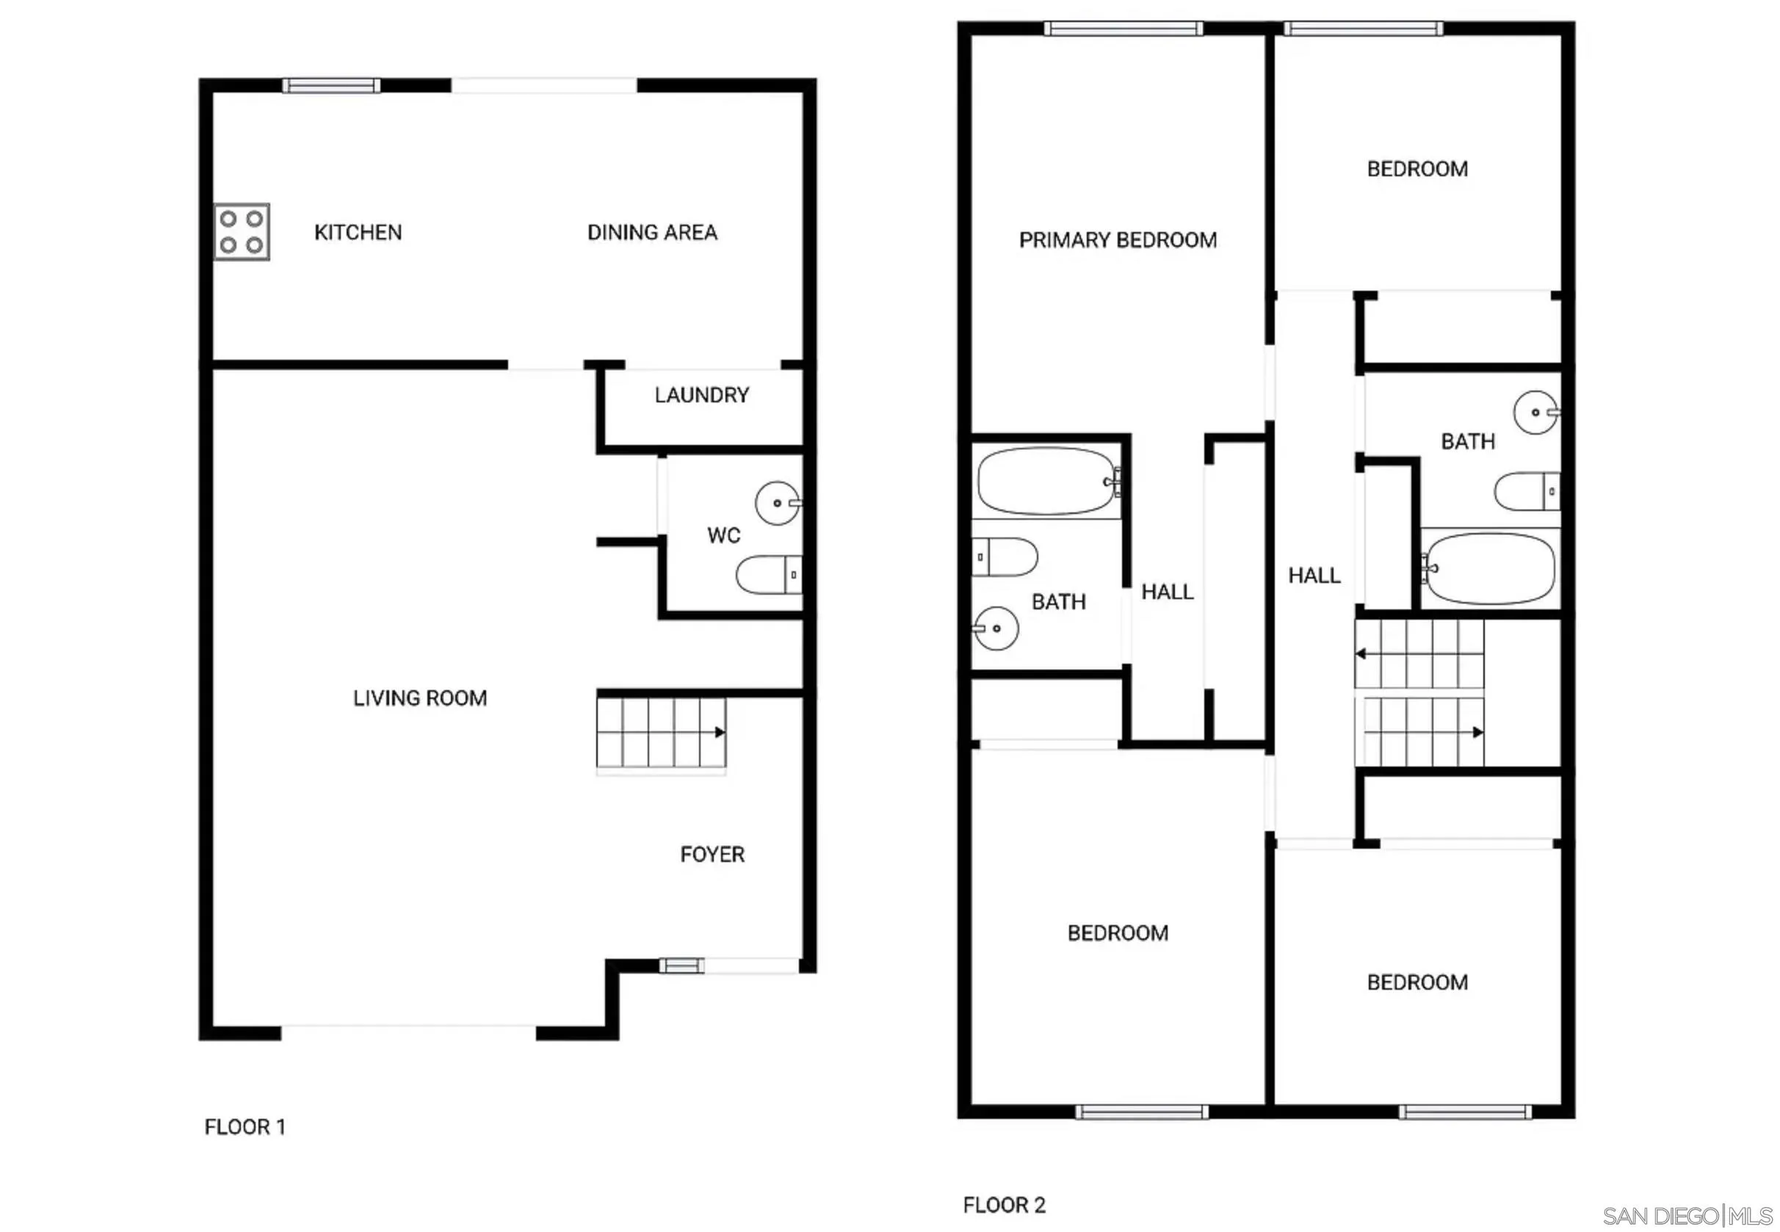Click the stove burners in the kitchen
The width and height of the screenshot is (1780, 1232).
coord(242,231)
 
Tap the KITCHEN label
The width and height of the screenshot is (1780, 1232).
coord(358,232)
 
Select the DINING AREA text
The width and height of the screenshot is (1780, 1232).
coord(652,232)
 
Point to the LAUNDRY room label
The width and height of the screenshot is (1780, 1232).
coord(702,395)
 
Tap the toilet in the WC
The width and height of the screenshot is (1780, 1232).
coord(768,574)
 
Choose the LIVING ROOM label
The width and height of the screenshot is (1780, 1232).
coord(420,697)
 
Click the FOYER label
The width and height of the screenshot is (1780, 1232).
coord(712,855)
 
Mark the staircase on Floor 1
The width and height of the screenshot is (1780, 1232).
coord(661,733)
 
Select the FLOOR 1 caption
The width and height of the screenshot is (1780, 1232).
coord(245,1127)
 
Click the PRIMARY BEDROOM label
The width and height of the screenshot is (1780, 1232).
coord(1118,240)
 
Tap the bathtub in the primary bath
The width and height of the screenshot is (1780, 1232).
coord(1046,481)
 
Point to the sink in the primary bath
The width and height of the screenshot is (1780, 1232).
coord(996,628)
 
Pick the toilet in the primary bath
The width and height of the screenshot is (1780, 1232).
coord(1005,557)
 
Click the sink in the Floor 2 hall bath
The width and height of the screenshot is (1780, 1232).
coord(1535,412)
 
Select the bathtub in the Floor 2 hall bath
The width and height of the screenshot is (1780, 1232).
coord(1489,569)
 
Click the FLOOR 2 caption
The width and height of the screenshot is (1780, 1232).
coord(1004,1205)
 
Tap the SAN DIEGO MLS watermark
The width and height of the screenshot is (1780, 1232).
coord(1687,1216)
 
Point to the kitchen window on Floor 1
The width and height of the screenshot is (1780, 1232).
coord(331,85)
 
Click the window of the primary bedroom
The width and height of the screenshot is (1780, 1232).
coord(1123,29)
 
